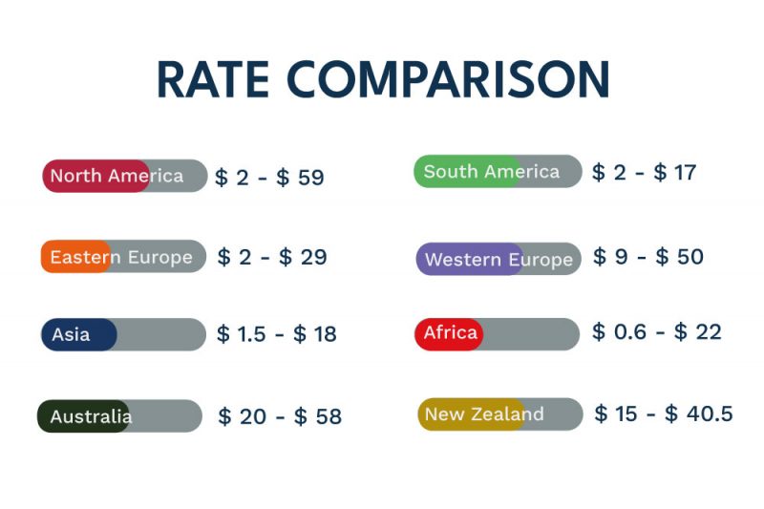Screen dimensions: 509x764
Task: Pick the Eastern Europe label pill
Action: pyautogui.click(x=121, y=257)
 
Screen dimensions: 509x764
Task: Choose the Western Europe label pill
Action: pyautogui.click(x=499, y=259)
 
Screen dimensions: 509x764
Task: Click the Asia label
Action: pyautogui.click(x=71, y=334)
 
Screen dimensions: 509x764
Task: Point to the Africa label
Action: pyautogui.click(x=450, y=333)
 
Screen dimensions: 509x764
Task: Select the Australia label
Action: pyautogui.click(x=91, y=416)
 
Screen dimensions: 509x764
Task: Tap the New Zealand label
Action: pyautogui.click(x=484, y=414)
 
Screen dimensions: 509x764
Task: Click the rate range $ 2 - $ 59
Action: pyautogui.click(x=269, y=178)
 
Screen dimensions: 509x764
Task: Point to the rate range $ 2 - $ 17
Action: pyautogui.click(x=644, y=173)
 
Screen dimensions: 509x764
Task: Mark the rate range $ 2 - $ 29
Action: pyautogui.click(x=272, y=257)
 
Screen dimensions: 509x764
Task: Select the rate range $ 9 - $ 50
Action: pyautogui.click(x=647, y=257)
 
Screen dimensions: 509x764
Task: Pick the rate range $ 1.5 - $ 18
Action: pyautogui.click(x=276, y=334)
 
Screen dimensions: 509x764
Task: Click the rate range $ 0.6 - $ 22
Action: pyautogui.click(x=656, y=332)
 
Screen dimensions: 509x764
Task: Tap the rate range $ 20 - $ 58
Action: pyautogui.click(x=279, y=416)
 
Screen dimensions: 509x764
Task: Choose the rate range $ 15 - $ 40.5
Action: pyautogui.click(x=663, y=414)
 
